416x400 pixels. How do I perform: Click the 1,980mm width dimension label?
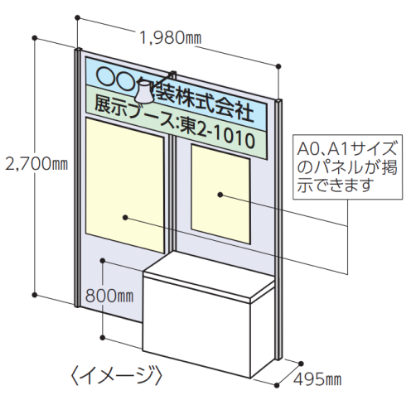point(171,38)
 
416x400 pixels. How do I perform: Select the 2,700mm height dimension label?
point(36,164)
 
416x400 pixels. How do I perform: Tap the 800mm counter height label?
point(109,296)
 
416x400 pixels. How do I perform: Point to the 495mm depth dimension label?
point(317,379)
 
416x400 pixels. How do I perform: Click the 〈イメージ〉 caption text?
point(116,374)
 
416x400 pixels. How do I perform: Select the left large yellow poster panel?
point(125,185)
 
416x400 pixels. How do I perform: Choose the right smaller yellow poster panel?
point(220,194)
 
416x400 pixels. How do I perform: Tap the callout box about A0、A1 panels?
point(347,166)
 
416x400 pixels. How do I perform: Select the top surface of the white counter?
point(210,276)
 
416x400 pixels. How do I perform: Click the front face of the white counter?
point(197,325)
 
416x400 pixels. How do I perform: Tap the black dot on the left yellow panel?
point(125,218)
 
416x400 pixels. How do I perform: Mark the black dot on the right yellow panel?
point(220,195)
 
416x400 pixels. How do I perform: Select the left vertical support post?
point(77,177)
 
